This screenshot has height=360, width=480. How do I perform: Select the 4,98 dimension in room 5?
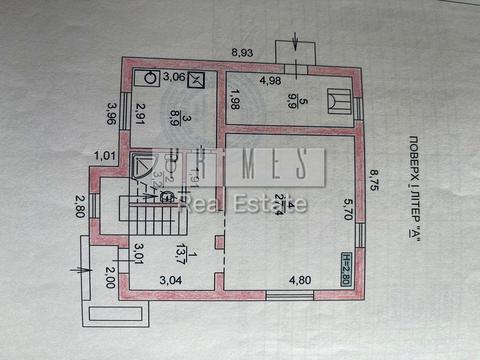pyautogui.click(x=270, y=82)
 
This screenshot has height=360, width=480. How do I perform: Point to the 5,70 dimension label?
pyautogui.click(x=348, y=209)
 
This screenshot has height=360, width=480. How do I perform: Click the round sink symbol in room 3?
pyautogui.click(x=148, y=76)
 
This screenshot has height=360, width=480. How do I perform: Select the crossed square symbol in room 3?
pyautogui.click(x=197, y=80)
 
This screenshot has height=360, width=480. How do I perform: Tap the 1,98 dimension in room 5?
pyautogui.click(x=233, y=101)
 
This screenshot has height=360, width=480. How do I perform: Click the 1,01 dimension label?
pyautogui.click(x=104, y=156)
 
